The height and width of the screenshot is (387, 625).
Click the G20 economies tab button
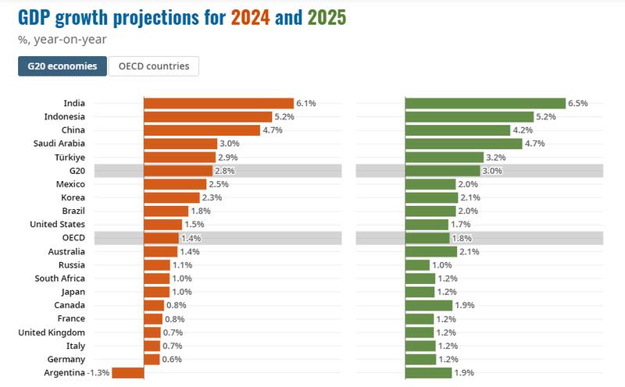coord(62,66)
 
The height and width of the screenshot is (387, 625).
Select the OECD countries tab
coord(154,66)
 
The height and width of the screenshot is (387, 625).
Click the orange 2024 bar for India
coord(219,103)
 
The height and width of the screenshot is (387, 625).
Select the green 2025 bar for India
coord(485,103)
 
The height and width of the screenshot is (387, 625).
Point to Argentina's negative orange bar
coord(128,373)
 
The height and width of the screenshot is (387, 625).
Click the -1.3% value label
coord(98,373)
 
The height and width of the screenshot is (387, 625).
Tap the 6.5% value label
coord(578,103)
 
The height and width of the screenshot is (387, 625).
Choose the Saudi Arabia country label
coord(59,144)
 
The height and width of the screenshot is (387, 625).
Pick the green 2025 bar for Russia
coord(418,265)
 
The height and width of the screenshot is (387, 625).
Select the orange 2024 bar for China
coord(202,130)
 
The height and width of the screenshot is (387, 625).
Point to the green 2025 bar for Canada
coord(429,305)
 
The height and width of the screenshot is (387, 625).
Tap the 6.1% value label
coord(305,103)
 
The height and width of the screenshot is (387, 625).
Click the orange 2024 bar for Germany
coord(152,359)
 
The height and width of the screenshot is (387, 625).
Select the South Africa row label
coord(60,279)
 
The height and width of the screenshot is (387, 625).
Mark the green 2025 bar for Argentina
coord(429,373)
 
